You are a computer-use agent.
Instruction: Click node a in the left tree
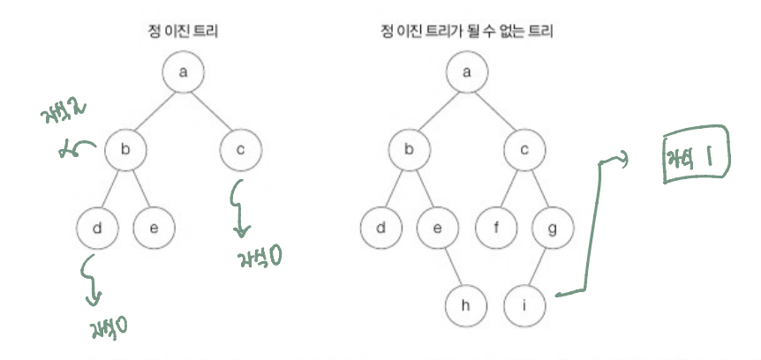point(182,72)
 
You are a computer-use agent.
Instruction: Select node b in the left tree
point(124,151)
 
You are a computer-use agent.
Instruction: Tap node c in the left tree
point(239,151)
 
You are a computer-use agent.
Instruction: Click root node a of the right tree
point(469,72)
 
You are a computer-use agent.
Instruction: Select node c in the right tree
point(526,151)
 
